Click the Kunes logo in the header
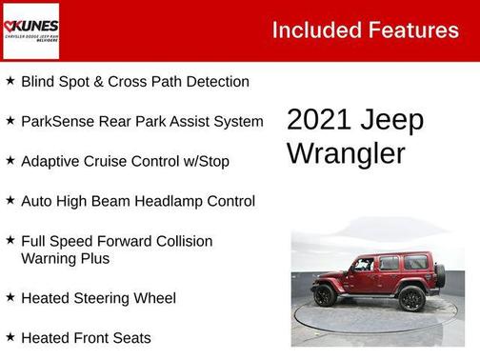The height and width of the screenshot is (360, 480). pyautogui.click(x=31, y=30)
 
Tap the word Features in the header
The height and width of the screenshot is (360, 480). pyautogui.click(x=415, y=30)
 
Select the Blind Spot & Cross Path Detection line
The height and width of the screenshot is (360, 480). pyautogui.click(x=134, y=82)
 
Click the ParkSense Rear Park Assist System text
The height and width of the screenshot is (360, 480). pyautogui.click(x=142, y=122)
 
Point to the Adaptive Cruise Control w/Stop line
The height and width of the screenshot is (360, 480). pyautogui.click(x=125, y=162)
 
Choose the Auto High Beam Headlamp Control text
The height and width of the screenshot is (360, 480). pyautogui.click(x=137, y=202)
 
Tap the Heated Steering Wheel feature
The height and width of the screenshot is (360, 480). pyautogui.click(x=98, y=299)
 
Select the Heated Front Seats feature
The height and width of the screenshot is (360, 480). pyautogui.click(x=86, y=338)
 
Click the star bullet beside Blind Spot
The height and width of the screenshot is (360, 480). pyautogui.click(x=10, y=81)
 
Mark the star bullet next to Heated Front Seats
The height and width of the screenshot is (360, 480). pyautogui.click(x=10, y=337)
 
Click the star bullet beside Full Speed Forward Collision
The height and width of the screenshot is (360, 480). pyautogui.click(x=10, y=241)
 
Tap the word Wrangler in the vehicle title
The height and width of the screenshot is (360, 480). pyautogui.click(x=346, y=153)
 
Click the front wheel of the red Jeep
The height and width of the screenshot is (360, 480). pyautogui.click(x=325, y=296)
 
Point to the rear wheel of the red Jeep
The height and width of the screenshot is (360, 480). pyautogui.click(x=410, y=298)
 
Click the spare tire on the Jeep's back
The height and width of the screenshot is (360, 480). pyautogui.click(x=439, y=276)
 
